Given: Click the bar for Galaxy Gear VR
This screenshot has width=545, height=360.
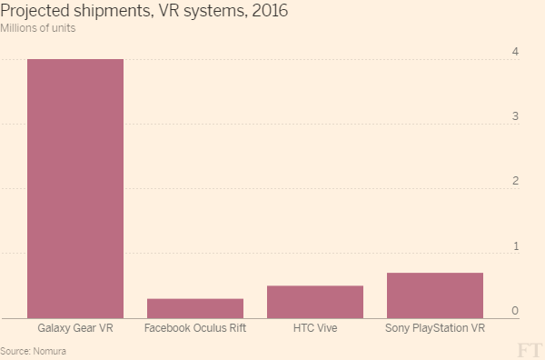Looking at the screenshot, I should tap(75, 188).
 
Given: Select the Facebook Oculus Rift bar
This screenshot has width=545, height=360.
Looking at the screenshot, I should tap(195, 308).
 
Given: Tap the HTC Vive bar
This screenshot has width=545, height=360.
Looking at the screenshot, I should tap(315, 302).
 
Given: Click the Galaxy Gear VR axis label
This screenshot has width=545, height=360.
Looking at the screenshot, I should tap(75, 328).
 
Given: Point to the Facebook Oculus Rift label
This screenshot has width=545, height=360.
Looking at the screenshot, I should tap(195, 328).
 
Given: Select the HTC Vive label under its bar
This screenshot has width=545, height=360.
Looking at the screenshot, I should tap(315, 328).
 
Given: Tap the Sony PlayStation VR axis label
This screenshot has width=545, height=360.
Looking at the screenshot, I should tap(435, 328).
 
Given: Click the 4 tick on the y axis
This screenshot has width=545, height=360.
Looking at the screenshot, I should tap(515, 51).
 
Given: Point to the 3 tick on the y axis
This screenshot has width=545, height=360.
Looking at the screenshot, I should tap(515, 116).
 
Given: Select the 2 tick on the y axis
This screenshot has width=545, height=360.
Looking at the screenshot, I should tap(515, 181).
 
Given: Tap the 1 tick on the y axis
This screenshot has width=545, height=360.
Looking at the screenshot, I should tap(515, 246).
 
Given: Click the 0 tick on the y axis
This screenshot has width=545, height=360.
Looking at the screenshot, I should tap(515, 311).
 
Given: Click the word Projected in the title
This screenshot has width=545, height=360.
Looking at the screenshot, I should tap(33, 12).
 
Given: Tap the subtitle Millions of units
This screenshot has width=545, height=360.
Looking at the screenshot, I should tap(38, 29).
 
